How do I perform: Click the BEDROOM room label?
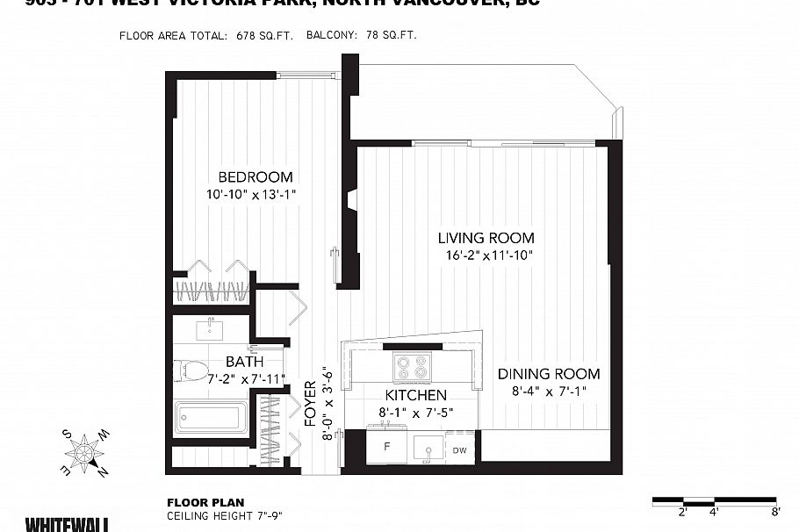(256, 176)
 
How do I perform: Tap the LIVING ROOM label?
(486, 238)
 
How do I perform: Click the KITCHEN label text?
(415, 395)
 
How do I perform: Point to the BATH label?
(244, 361)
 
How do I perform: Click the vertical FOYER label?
(310, 404)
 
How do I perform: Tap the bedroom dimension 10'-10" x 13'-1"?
(252, 195)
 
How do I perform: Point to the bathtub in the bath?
(211, 417)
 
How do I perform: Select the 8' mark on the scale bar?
(775, 510)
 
